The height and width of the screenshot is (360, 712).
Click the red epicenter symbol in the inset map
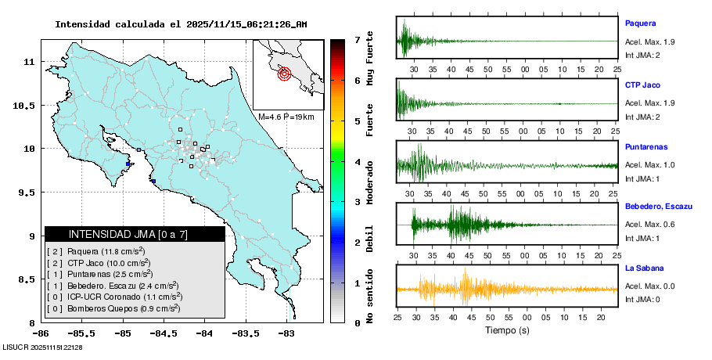[285, 74]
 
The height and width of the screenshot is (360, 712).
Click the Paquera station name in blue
[641, 23]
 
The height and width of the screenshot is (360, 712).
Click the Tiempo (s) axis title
[506, 330]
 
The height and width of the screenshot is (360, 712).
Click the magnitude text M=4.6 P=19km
[286, 117]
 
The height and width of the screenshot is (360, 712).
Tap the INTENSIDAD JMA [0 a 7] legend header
[128, 234]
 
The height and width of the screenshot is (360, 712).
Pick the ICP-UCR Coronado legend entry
[114, 297]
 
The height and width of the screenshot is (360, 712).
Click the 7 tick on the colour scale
[357, 38]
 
